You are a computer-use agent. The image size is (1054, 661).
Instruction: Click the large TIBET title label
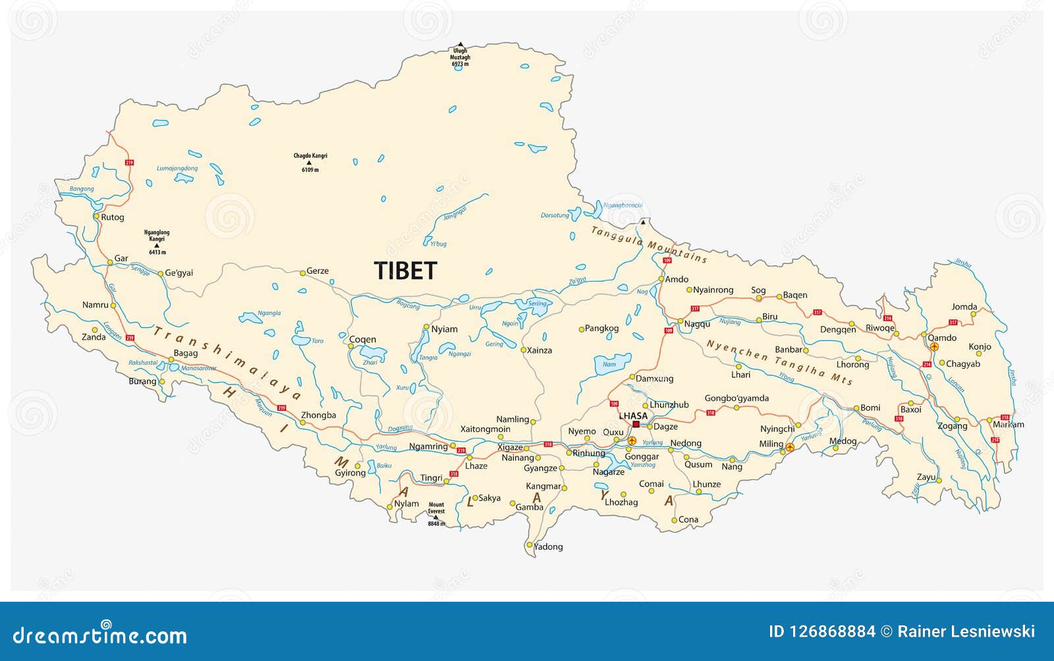tap(405, 271)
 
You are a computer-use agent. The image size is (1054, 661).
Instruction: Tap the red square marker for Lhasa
tap(636, 425)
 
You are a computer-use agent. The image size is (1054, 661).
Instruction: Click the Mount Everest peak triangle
tap(435, 517)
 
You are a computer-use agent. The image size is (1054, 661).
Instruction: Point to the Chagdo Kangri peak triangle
tap(309, 163)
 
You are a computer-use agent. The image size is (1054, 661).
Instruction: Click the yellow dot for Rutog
tap(96, 216)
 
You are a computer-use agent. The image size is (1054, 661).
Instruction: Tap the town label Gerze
tap(318, 271)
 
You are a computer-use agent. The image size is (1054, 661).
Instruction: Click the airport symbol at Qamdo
tap(933, 346)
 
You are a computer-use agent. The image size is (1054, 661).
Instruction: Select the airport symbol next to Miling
tap(790, 448)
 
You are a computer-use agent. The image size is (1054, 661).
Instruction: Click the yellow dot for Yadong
tap(529, 545)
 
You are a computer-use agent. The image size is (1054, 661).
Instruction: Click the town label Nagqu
tap(697, 324)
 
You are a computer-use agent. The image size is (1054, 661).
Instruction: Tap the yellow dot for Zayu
tap(939, 481)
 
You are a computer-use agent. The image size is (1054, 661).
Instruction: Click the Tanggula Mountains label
tap(649, 244)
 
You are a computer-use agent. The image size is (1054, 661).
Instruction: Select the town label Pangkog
tap(601, 328)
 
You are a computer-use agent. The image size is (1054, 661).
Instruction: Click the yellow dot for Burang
tap(161, 381)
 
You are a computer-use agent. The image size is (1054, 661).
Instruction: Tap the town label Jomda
tap(964, 307)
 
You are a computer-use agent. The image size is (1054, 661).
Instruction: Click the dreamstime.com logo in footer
tap(100, 635)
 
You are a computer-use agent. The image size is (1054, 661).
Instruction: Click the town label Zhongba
tap(318, 415)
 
